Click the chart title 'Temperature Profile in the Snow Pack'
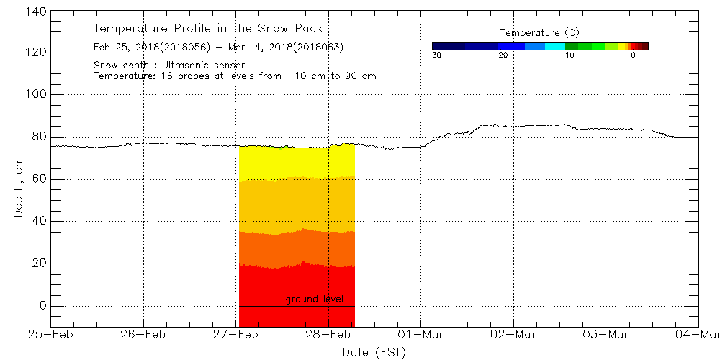[x=208, y=29]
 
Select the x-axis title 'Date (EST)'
[x=374, y=352]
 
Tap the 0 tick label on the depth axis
[x=42, y=306]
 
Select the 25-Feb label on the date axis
[x=50, y=335]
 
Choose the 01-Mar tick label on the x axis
[x=421, y=335]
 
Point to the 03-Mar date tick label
[x=606, y=335]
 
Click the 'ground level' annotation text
[x=314, y=299]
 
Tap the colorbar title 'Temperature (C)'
[x=539, y=33]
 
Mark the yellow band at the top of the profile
[x=296, y=162]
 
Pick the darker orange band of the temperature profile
[x=296, y=248]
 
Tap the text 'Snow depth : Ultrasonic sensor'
[x=169, y=65]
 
